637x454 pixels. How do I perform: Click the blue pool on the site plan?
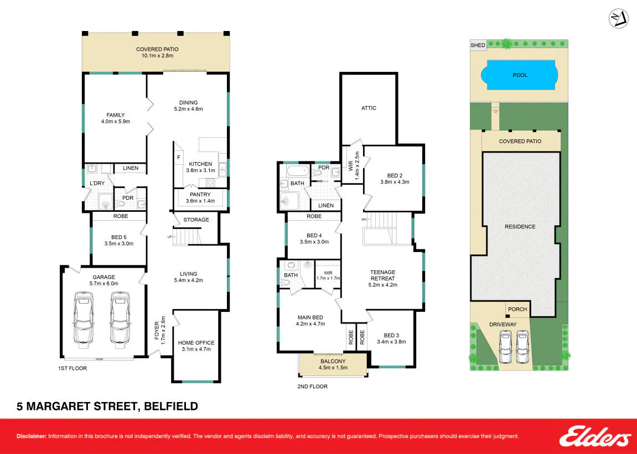520,75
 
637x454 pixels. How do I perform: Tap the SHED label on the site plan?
478,45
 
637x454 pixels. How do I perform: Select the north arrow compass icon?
618,19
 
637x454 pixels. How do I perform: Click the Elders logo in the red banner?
594,437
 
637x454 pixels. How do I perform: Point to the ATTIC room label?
369,108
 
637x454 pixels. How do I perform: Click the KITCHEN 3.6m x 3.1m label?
200,168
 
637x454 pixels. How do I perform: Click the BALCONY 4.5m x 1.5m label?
333,364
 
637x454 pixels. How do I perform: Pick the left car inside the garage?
83,320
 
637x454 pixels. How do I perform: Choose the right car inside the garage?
120,320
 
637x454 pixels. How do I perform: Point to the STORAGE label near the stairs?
196,220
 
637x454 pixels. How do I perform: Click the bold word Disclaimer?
32,436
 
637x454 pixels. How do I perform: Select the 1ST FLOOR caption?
72,368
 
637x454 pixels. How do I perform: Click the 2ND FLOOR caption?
312,386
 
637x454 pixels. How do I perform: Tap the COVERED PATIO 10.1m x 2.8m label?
157,53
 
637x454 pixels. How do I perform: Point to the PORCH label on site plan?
517,309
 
